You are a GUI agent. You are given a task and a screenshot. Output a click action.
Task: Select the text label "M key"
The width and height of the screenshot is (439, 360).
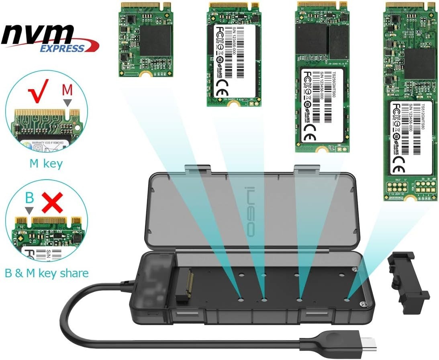point(46,164)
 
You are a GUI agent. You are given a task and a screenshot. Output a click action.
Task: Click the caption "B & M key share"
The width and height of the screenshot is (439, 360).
point(47,273)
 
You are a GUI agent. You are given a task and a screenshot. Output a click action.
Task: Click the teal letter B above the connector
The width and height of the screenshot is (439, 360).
point(29,198)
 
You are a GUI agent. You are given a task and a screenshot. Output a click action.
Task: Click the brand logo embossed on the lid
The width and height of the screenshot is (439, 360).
point(250,211)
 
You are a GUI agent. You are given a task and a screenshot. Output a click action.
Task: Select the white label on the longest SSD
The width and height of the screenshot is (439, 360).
point(410,137)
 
